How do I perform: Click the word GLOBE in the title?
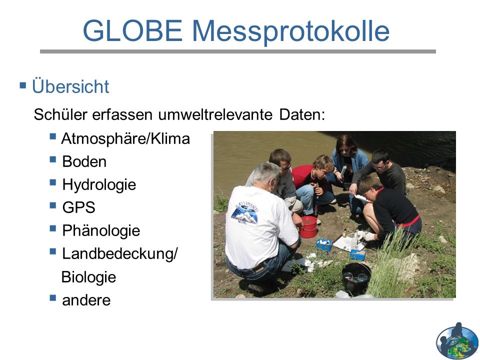(x=132, y=30)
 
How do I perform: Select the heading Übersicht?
(x=70, y=86)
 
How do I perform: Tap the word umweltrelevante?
(x=215, y=115)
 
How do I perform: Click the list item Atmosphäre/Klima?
(x=125, y=139)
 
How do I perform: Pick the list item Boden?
(x=84, y=161)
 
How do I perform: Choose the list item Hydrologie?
(x=99, y=185)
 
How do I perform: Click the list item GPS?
(x=78, y=207)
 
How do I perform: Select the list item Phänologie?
(x=101, y=231)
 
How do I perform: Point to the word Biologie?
(x=89, y=277)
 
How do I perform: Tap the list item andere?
(x=86, y=300)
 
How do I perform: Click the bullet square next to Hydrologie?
(x=53, y=182)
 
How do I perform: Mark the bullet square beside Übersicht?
(x=23, y=85)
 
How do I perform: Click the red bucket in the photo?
(x=308, y=227)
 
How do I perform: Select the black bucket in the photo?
(x=356, y=278)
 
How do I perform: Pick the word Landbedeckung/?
(x=120, y=254)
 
